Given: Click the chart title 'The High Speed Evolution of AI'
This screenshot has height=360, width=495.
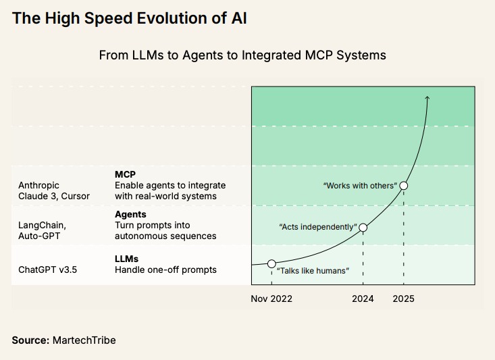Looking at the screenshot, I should tap(129, 19).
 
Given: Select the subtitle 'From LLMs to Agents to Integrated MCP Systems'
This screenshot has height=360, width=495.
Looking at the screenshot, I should tap(242, 55).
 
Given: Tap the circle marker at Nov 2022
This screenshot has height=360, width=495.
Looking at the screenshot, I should tap(271, 263).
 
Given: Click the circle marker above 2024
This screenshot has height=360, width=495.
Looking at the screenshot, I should tap(363, 228).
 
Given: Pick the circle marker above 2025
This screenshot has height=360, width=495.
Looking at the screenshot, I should tap(404, 185).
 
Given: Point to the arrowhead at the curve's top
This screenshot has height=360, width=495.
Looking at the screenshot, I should tap(427, 99).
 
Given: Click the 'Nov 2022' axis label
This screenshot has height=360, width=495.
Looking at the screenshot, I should tap(271, 299).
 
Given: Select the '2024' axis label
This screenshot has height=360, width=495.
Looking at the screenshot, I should tap(363, 299).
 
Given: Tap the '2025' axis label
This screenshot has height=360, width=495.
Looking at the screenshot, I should tap(404, 299).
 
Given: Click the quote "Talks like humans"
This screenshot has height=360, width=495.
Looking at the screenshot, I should tap(313, 270).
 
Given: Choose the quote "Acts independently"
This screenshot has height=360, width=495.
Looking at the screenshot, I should tap(318, 227).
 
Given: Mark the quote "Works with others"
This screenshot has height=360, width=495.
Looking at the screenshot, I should tap(360, 186).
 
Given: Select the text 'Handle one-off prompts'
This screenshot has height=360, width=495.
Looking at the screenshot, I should tap(165, 269).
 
